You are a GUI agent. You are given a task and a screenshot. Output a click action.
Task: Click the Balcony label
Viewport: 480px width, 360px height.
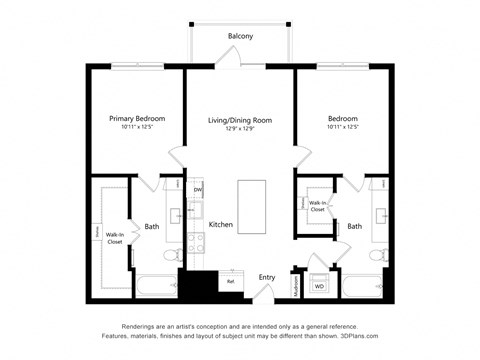click(x=240, y=36)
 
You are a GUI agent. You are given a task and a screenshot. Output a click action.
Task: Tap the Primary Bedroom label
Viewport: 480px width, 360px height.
click(x=137, y=118)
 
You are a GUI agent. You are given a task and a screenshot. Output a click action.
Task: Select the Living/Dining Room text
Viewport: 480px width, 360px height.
click(x=240, y=120)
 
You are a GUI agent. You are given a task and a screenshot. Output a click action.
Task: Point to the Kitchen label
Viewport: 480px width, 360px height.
click(x=220, y=225)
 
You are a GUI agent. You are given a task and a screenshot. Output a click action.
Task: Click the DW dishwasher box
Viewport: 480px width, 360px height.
click(x=198, y=190)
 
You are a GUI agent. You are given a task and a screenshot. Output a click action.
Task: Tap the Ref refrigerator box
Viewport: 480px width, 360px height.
click(x=230, y=281)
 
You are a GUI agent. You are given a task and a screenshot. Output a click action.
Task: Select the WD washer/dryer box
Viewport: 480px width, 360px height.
click(x=320, y=286)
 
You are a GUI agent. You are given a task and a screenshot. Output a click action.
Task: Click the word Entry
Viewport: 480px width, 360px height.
click(x=267, y=277)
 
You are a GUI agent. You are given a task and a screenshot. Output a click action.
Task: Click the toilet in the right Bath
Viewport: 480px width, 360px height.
click(x=377, y=256)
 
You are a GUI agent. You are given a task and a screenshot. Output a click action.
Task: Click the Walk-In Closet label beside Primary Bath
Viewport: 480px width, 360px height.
click(x=115, y=238)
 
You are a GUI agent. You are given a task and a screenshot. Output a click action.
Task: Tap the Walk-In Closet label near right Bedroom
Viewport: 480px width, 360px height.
click(x=317, y=206)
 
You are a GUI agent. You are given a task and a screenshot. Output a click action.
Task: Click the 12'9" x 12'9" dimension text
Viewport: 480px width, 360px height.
click(x=240, y=129)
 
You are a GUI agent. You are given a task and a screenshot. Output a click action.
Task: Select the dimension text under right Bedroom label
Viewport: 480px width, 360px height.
click(x=343, y=127)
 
